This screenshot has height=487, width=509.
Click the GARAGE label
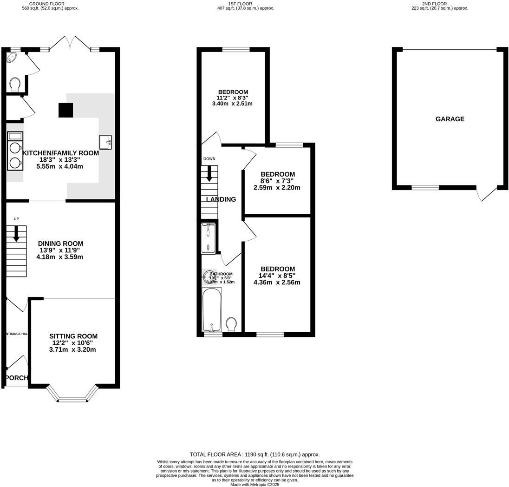(x=450, y=119)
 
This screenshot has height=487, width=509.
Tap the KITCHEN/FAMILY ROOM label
(x=61, y=153)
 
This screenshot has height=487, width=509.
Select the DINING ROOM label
(x=60, y=243)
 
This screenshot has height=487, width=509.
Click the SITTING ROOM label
(x=73, y=336)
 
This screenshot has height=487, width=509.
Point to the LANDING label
(x=221, y=199)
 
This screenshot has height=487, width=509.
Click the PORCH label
(x=17, y=378)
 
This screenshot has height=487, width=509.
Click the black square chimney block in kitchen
(x=66, y=110)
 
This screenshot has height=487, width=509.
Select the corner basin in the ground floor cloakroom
(x=11, y=58)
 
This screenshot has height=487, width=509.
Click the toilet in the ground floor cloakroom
(x=15, y=84)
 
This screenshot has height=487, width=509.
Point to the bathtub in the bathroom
(x=211, y=309)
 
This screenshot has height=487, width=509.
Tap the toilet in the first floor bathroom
(x=231, y=323)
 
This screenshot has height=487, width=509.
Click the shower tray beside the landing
(x=208, y=238)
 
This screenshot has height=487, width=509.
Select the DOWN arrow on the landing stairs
(x=209, y=174)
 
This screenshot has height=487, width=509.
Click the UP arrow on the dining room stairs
(x=16, y=234)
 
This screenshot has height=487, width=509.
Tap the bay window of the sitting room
(x=72, y=398)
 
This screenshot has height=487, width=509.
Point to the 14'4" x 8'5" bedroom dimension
(x=278, y=276)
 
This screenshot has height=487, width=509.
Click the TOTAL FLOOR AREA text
(x=254, y=454)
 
